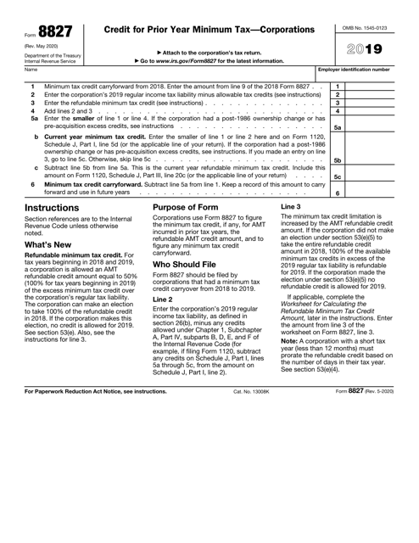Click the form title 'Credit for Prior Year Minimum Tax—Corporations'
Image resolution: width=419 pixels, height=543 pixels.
coord(209,30)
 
